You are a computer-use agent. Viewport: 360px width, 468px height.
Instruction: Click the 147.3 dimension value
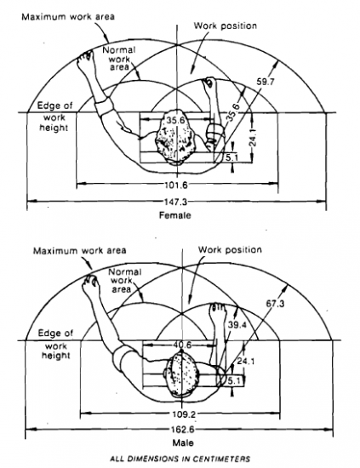[x=176, y=202]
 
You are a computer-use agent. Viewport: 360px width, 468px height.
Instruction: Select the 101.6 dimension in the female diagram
[x=176, y=185]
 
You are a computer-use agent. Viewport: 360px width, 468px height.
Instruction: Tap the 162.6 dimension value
[x=182, y=430]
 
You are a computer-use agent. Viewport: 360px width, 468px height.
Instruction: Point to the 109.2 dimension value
[x=182, y=414]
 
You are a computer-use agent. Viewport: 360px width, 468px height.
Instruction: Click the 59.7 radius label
[x=266, y=82]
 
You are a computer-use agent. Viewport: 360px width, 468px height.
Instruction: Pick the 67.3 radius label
[x=275, y=304]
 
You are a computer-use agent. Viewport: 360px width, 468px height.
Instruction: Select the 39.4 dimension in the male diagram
[x=237, y=325]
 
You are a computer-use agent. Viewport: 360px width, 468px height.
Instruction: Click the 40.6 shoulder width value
[x=182, y=345]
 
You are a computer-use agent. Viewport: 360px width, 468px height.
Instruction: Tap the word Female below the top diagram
[x=175, y=215]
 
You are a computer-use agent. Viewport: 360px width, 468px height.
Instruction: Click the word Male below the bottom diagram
[x=183, y=442]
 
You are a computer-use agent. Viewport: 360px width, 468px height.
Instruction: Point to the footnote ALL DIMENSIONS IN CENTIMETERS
[x=180, y=459]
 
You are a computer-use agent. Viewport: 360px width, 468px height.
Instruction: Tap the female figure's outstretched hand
[x=85, y=57]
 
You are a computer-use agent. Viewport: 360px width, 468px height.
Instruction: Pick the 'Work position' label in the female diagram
[x=226, y=26]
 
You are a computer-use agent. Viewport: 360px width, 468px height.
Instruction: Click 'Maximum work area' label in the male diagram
[x=80, y=250]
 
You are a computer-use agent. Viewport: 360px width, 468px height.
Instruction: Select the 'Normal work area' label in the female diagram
[x=120, y=58]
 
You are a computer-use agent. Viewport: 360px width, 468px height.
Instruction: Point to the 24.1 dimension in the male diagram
[x=246, y=362]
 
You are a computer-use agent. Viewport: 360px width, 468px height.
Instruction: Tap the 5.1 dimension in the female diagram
[x=231, y=157]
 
